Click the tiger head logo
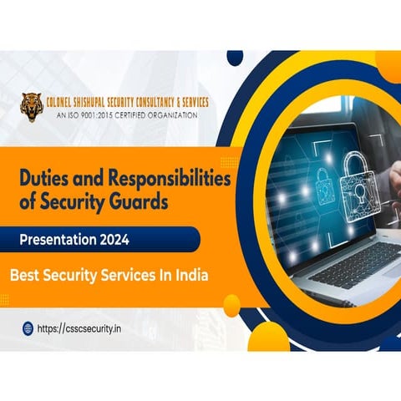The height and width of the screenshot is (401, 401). click(x=33, y=105)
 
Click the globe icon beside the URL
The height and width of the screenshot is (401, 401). click(x=27, y=328)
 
